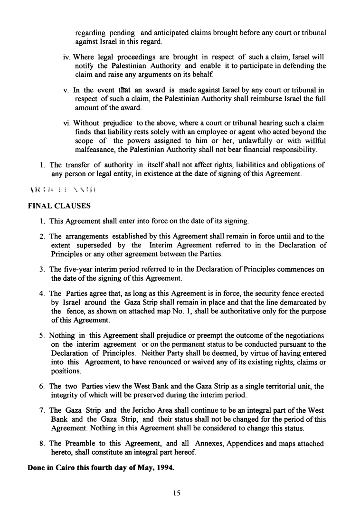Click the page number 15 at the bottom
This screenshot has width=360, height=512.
tap(177, 493)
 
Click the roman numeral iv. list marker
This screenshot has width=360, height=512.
tap(66, 57)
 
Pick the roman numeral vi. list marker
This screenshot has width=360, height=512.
tap(66, 123)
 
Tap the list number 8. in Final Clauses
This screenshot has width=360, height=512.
tap(42, 444)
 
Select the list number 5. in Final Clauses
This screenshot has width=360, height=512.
tap(42, 336)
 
